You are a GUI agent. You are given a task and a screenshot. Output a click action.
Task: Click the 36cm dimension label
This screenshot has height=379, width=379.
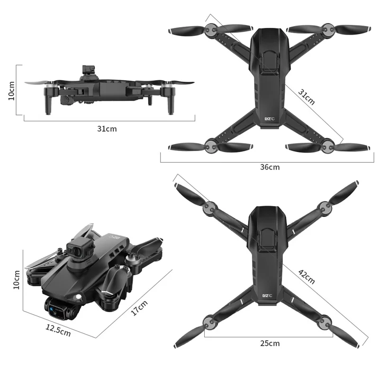tap(270, 167)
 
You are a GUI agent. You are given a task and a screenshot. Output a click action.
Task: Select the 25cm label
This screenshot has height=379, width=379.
tap(270, 343)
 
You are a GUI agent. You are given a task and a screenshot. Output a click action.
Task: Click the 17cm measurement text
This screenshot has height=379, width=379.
tap(139, 309)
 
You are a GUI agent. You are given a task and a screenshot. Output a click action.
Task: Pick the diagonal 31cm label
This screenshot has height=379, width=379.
tap(306, 96)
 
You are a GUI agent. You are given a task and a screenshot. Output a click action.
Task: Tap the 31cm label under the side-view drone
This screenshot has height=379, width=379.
tap(107, 128)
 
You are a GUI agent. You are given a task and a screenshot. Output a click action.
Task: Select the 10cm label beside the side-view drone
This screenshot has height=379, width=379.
tap(12, 90)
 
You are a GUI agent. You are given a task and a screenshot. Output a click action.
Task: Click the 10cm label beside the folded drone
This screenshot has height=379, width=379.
tap(17, 280)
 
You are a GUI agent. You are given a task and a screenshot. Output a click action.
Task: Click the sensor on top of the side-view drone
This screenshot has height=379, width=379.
tap(88, 70)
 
